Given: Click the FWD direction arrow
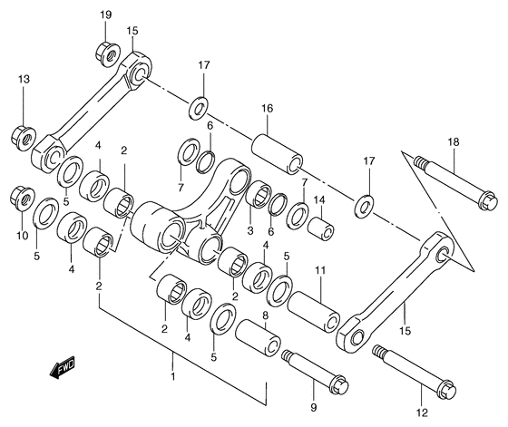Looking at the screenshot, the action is (63, 367).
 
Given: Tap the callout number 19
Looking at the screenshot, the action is (105, 15).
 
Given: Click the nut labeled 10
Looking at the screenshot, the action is (22, 198).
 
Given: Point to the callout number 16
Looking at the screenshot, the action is (268, 108).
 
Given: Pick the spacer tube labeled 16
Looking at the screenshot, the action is (278, 154).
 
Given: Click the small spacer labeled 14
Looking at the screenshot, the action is (320, 229).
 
